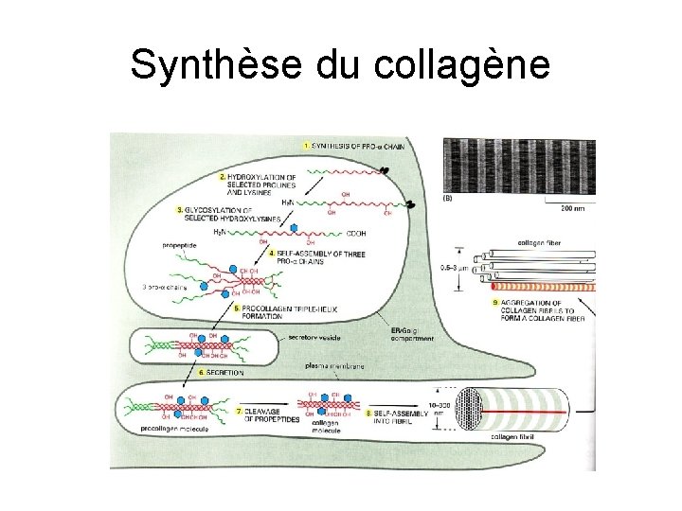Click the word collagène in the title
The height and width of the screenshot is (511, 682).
(x=462, y=66)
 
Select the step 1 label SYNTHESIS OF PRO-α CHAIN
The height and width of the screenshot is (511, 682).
(x=351, y=145)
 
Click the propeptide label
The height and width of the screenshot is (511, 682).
(x=181, y=244)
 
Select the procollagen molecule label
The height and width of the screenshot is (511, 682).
(x=174, y=429)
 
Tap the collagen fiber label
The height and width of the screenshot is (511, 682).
(x=541, y=242)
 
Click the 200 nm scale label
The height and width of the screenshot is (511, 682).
(x=573, y=206)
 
